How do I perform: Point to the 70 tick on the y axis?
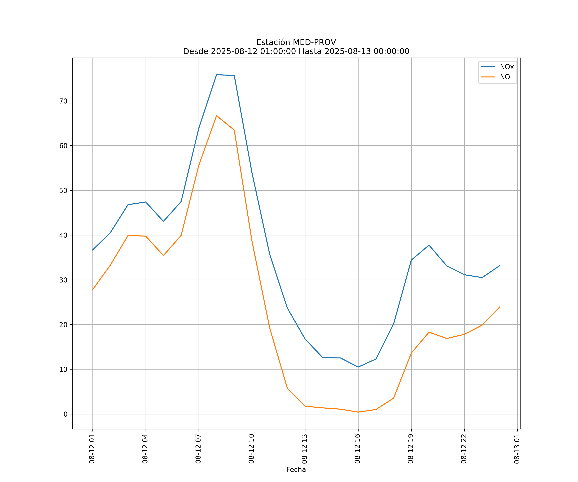point(63,101)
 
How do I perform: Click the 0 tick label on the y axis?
point(66,414)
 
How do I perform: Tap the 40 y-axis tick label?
point(63,235)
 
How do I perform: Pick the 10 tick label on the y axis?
point(63,369)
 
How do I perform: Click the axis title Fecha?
point(296,470)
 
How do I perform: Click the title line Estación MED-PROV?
point(296,42)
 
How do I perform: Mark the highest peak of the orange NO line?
point(217,116)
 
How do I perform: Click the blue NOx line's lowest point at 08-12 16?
point(358,367)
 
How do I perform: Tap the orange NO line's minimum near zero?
point(358,412)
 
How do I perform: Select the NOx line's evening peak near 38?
point(429,245)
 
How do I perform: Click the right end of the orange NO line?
point(500,307)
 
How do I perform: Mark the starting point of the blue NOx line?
point(92,250)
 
